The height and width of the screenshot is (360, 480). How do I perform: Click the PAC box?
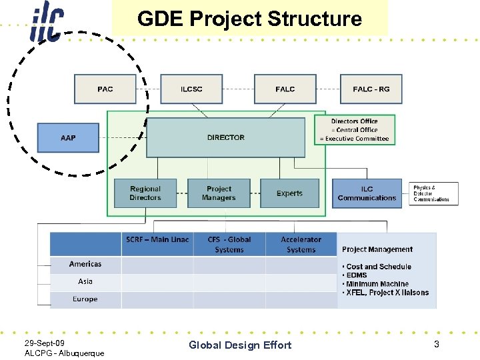tap(105, 89)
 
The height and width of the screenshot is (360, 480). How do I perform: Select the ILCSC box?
tap(191, 89)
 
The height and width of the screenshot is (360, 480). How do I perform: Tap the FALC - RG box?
tap(371, 89)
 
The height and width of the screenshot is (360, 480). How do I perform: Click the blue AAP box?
tap(68, 138)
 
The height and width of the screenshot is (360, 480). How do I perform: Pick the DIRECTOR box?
tap(225, 138)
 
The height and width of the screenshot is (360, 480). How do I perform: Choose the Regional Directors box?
tap(145, 193)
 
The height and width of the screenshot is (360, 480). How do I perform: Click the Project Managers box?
tap(219, 193)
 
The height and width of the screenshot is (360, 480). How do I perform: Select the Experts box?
tap(289, 193)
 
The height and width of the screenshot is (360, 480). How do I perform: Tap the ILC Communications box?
tap(367, 193)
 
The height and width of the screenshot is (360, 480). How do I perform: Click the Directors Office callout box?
tap(354, 130)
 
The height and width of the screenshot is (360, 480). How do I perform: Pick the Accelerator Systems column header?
tap(301, 244)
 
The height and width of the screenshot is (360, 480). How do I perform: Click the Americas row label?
tap(85, 264)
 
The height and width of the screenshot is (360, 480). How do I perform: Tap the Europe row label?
tap(85, 299)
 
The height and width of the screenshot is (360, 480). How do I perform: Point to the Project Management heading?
tap(377, 249)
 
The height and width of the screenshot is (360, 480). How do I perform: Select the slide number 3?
tap(436, 344)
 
